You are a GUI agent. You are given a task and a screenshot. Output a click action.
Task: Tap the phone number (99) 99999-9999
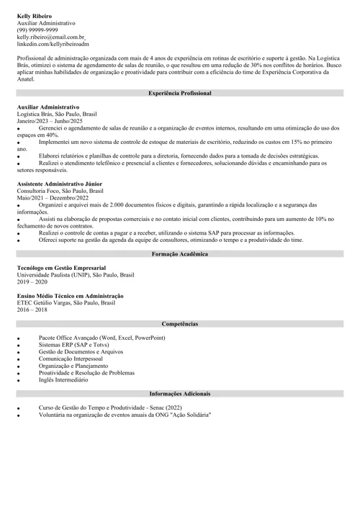pyautogui.click(x=37, y=30)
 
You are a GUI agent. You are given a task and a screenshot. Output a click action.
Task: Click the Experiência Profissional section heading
pyautogui.click(x=180, y=94)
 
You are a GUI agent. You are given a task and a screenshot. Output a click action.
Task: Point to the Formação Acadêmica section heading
pyautogui.click(x=180, y=234)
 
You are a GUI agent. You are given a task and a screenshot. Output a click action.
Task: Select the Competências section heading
pyautogui.click(x=180, y=304)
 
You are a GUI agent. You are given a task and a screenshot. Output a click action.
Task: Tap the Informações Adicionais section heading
pyautogui.click(x=180, y=394)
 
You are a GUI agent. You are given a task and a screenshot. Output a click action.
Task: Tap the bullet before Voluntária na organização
pyautogui.click(x=19, y=415)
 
